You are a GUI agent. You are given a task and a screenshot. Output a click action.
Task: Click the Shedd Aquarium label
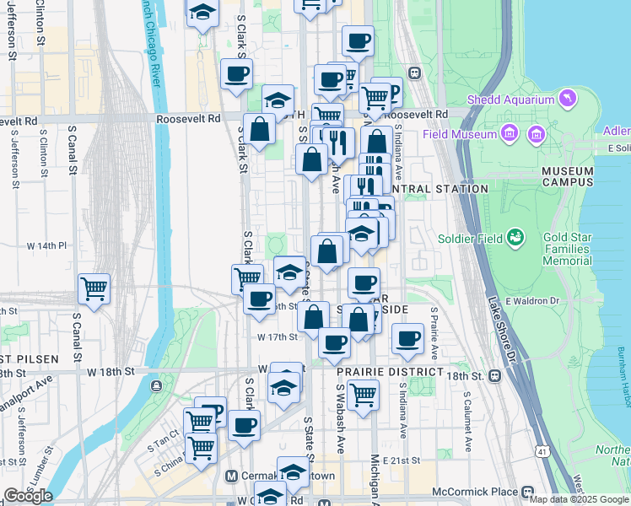click(x=512, y=100)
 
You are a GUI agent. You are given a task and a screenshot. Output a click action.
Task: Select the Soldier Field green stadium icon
click(x=515, y=239)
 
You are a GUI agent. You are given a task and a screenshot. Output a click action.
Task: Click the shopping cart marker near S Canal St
click(x=94, y=288)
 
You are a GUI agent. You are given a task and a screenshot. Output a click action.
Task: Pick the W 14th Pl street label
click(x=46, y=245)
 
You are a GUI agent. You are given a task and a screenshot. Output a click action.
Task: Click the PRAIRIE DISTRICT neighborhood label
click(x=390, y=372)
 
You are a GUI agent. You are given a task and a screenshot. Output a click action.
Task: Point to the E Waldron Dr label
click(x=532, y=301)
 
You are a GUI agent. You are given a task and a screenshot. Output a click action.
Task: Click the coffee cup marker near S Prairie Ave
click(x=407, y=338)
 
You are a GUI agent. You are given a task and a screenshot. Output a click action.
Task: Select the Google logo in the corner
click(x=29, y=496)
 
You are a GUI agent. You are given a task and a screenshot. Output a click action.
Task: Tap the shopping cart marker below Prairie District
click(x=363, y=393)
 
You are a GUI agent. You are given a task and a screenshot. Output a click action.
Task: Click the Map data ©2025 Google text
click(x=580, y=499)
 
